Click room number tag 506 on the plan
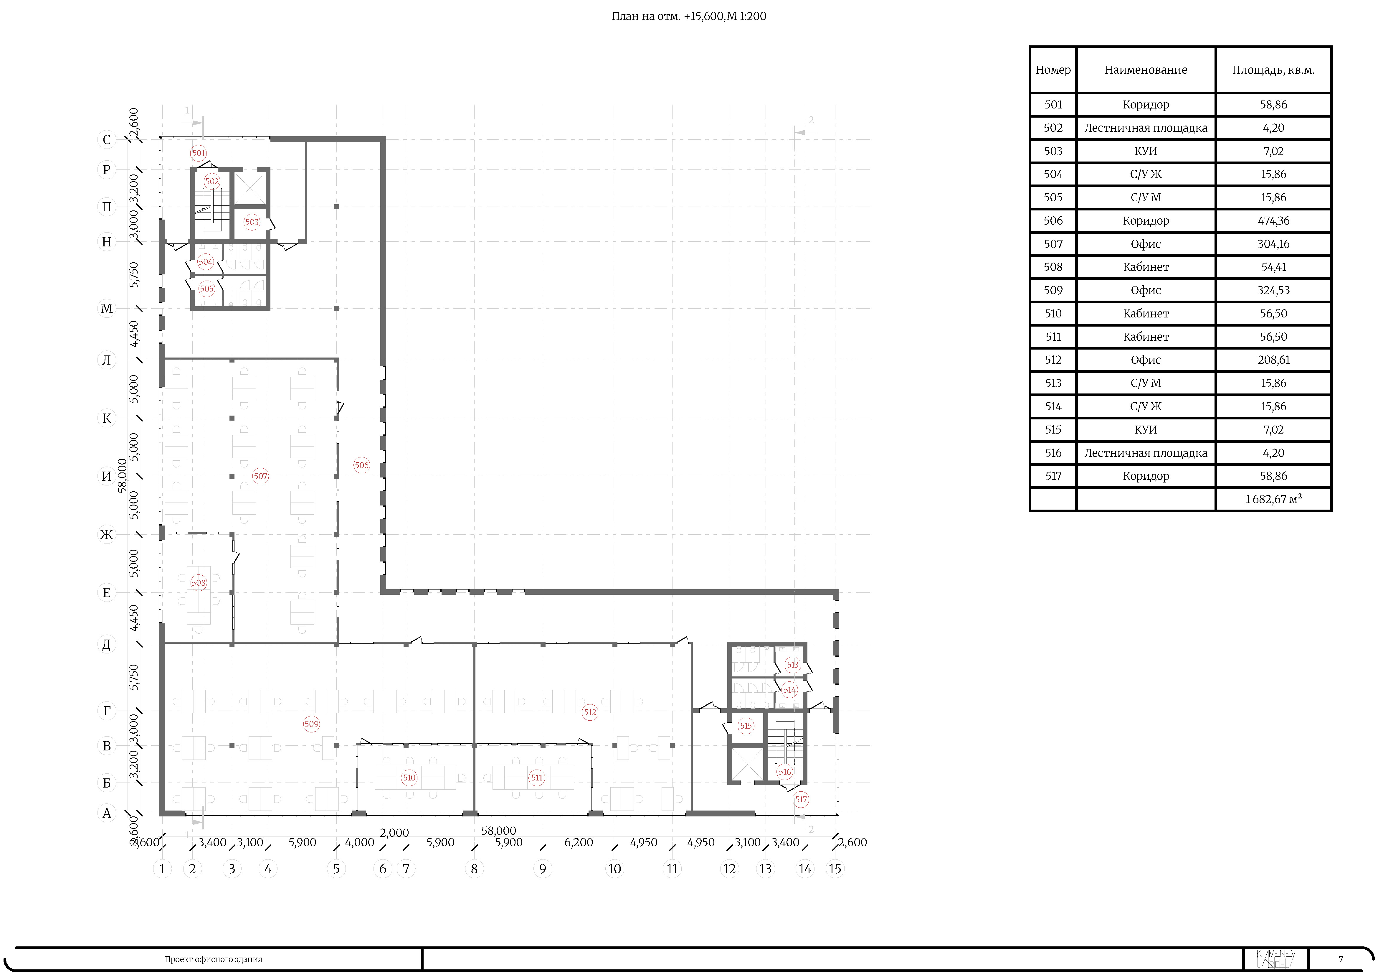point(361,465)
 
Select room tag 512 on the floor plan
point(590,712)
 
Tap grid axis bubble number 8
point(474,869)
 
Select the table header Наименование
point(1146,70)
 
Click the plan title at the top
point(688,16)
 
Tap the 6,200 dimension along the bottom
point(579,842)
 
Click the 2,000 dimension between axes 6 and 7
point(394,833)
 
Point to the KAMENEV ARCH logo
point(1275,959)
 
